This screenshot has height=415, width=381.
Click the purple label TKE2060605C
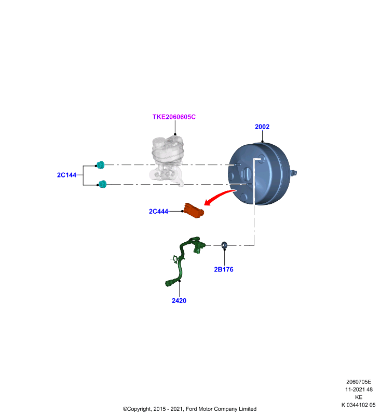coord(174,117)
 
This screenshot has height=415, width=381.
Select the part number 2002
coord(262,127)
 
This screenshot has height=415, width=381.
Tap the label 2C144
coord(67,175)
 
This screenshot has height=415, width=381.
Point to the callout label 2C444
coord(158,211)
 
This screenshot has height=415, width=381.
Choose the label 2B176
coord(224,269)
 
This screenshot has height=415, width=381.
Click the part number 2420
coord(179,301)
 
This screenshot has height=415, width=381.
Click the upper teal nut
coord(101,165)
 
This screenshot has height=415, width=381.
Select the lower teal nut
coord(102,184)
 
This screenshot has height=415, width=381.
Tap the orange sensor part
coord(194,211)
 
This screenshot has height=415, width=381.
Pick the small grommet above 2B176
coord(224,245)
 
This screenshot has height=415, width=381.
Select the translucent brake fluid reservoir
coord(167,161)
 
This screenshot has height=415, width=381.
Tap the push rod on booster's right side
coord(293,173)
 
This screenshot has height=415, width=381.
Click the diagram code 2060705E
coord(359,382)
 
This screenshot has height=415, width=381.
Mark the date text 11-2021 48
coord(359,390)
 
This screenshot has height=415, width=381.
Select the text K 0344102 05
coord(358,405)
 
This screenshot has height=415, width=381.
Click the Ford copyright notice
coord(189,409)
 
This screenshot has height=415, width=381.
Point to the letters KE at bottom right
coord(359,397)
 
